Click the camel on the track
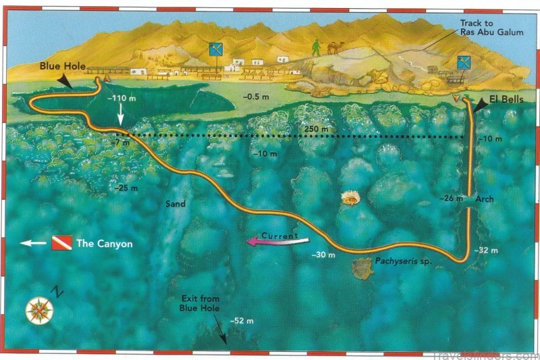(333, 48)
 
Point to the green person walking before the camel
(316, 47)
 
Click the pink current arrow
(275, 238)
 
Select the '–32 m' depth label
(487, 250)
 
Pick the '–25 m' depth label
(127, 187)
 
